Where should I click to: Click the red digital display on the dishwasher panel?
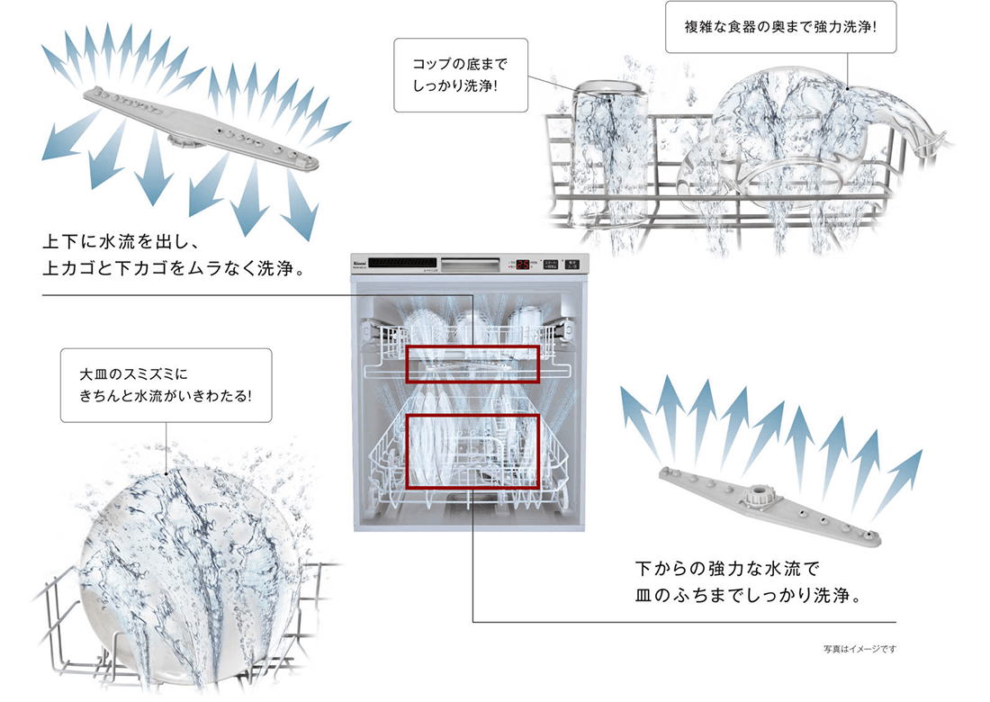[x=522, y=265]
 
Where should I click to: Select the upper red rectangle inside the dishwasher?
[x=472, y=363]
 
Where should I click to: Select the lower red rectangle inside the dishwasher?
[x=472, y=452]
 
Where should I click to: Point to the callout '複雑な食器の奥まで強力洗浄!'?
[x=781, y=28]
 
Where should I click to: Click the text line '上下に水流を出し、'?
[x=126, y=241]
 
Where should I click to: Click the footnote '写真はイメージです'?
[x=859, y=648]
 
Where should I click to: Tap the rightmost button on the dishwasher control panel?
[x=571, y=265]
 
